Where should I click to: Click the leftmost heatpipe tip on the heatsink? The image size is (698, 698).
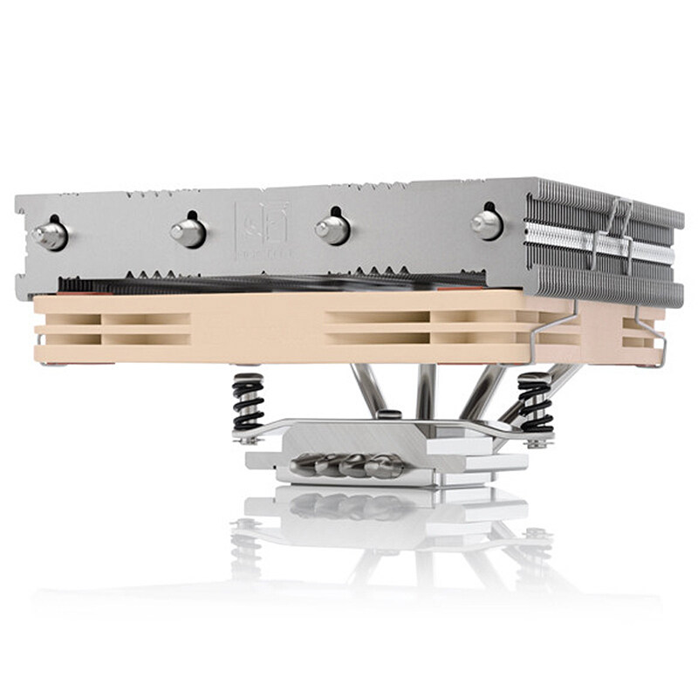pyautogui.click(x=50, y=233)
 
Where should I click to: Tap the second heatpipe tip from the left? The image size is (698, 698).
pyautogui.click(x=188, y=232)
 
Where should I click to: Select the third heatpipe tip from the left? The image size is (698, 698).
pyautogui.click(x=332, y=229)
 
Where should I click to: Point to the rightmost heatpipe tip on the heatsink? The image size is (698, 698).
pyautogui.click(x=486, y=224)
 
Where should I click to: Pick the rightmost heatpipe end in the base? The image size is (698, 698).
pyautogui.click(x=384, y=468)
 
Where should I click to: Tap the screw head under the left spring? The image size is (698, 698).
pyautogui.click(x=250, y=440)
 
